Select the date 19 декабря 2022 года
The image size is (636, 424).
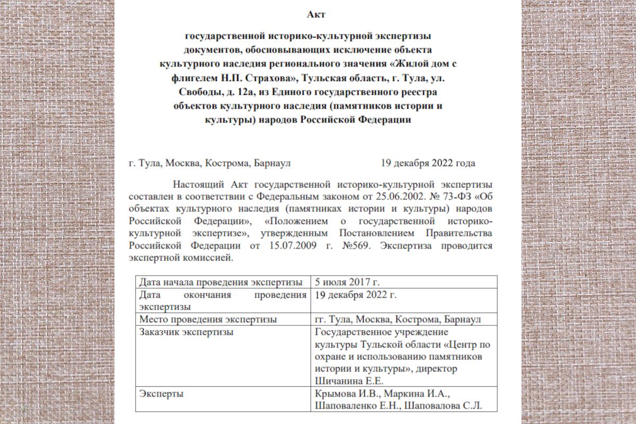click(428, 163)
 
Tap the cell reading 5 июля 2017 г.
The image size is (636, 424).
click(348, 282)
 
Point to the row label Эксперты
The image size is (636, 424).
click(159, 394)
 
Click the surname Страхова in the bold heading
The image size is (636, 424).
click(268, 78)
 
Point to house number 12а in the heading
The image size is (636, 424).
click(233, 92)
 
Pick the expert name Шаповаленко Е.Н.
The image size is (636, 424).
click(360, 406)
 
